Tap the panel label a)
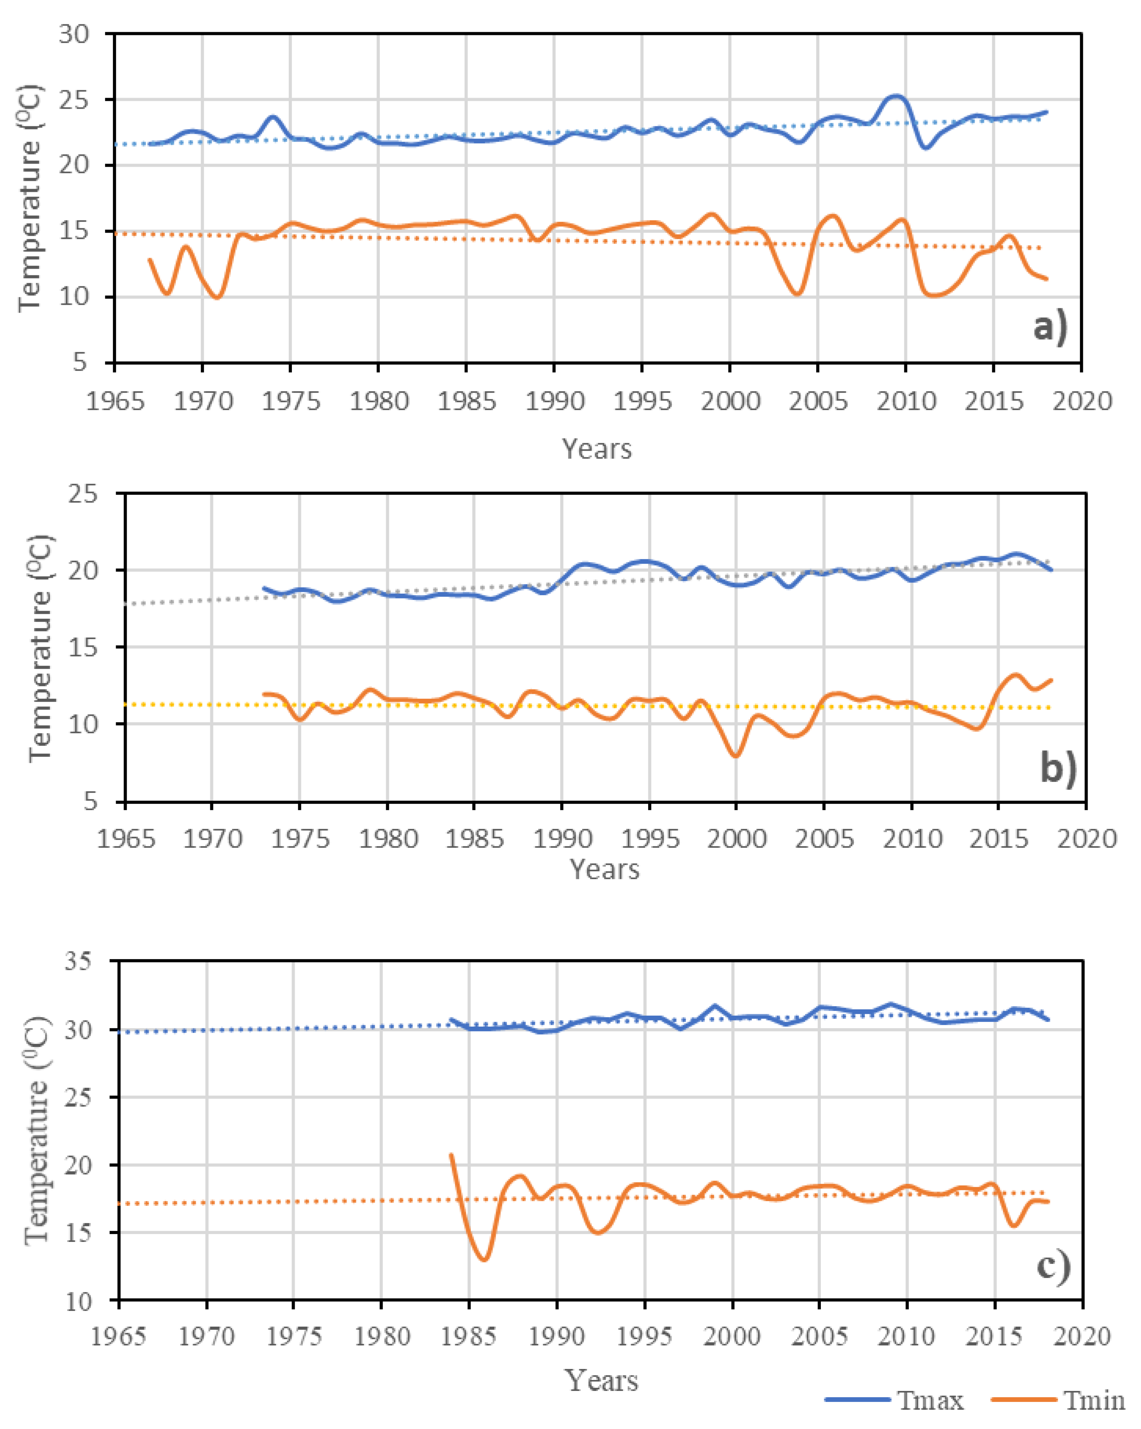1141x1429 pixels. (x=1050, y=327)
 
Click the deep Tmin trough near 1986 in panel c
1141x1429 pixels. (x=485, y=1259)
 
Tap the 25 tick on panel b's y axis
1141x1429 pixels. (x=82, y=494)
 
